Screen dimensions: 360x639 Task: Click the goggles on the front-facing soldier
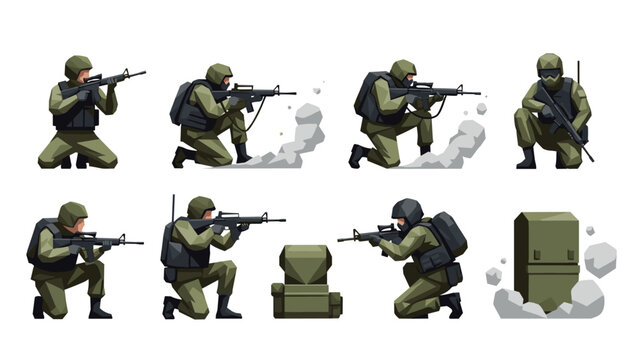[x=549, y=72]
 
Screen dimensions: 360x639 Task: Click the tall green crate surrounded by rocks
[x=546, y=255]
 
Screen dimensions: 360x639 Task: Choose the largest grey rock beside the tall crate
[x=599, y=258]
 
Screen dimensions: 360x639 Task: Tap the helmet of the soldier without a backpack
[x=78, y=66]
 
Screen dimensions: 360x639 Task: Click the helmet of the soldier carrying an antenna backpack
[x=201, y=206]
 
